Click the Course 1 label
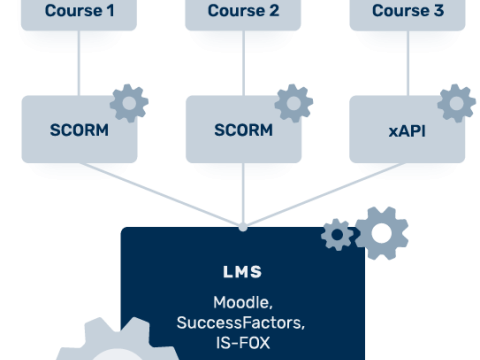(x=79, y=11)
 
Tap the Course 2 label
(x=243, y=11)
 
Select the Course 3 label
(x=407, y=11)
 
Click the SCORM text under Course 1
(x=79, y=130)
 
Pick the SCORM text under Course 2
(x=243, y=130)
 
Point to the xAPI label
(x=407, y=130)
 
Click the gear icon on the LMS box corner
(x=339, y=237)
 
